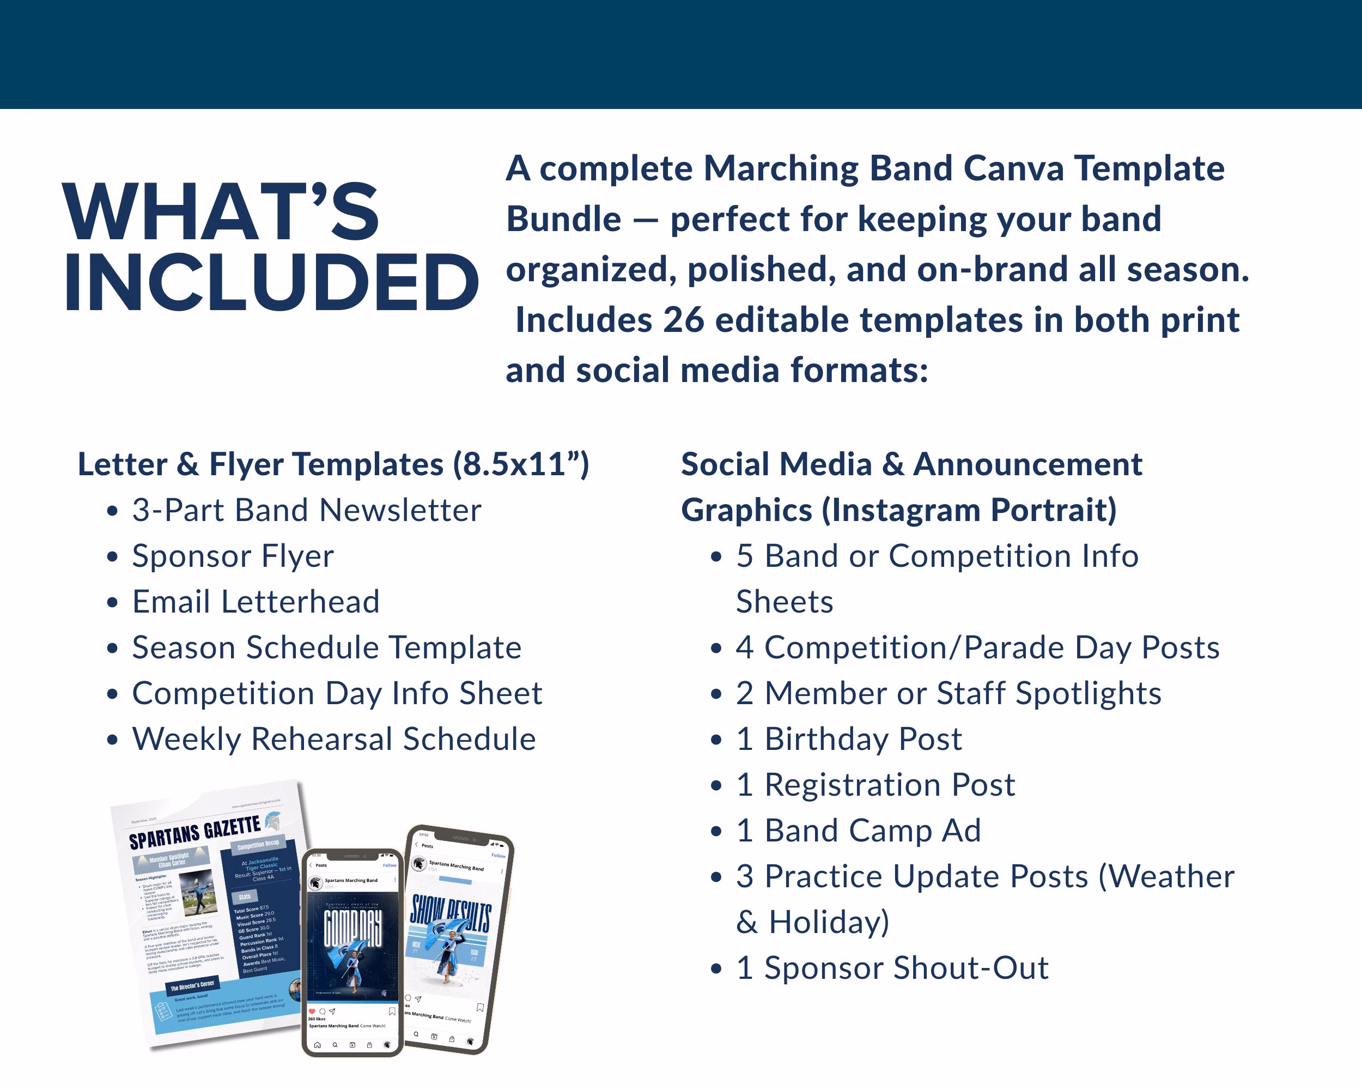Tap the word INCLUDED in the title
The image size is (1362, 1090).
click(x=272, y=282)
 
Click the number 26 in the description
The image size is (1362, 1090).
click(x=684, y=320)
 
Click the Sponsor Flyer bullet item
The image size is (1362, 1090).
click(x=233, y=556)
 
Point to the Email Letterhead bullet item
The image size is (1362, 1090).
click(x=256, y=602)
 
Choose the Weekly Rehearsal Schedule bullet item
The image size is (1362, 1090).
click(x=333, y=740)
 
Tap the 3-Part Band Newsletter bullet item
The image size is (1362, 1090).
click(x=306, y=511)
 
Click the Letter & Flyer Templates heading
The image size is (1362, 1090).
click(x=333, y=464)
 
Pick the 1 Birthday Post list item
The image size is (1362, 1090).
click(x=848, y=740)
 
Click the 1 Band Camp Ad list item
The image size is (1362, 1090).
click(x=858, y=831)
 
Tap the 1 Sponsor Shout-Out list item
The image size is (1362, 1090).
click(x=892, y=968)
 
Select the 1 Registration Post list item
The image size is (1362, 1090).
click(x=875, y=785)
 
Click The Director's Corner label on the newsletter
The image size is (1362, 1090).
click(x=192, y=986)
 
